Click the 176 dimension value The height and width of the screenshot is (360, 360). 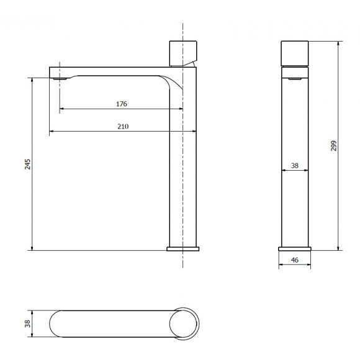[x=122, y=104]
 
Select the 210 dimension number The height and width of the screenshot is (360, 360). [x=122, y=126]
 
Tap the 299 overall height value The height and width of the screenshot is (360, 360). [x=333, y=146]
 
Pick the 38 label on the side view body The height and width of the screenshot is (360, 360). [x=295, y=166]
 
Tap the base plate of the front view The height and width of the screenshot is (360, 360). [x=183, y=249]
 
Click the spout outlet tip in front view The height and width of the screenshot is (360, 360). [x=58, y=79]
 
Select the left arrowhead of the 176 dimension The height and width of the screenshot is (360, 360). [x=62, y=110]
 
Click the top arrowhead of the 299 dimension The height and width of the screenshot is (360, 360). [x=339, y=44]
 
